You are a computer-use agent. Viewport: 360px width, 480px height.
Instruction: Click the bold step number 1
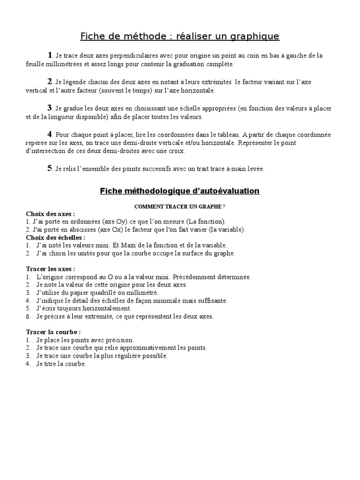(50, 55)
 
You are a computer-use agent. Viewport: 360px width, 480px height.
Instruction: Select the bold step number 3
(50, 108)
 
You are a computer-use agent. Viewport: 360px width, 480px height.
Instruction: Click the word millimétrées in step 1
(64, 64)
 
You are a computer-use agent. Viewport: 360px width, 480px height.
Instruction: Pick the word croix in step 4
(176, 151)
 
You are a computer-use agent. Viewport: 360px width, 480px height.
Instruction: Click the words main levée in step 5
(248, 169)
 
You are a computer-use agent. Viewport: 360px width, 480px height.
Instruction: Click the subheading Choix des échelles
(55, 238)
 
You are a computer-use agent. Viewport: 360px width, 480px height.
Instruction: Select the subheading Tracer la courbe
(53, 332)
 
